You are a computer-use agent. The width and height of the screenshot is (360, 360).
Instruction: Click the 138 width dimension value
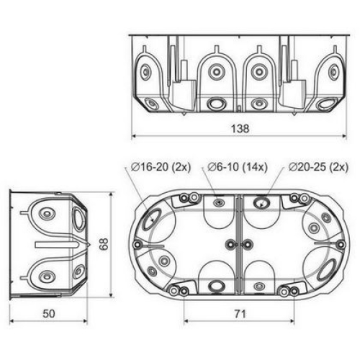(240, 129)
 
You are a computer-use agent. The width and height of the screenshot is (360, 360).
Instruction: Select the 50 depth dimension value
(49, 314)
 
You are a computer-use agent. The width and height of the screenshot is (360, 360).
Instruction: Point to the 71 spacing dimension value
(240, 314)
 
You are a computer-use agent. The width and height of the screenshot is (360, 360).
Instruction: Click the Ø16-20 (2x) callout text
(161, 167)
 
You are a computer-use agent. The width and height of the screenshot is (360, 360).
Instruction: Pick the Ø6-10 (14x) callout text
(238, 167)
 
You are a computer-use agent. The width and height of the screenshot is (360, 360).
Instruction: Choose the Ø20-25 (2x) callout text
(318, 167)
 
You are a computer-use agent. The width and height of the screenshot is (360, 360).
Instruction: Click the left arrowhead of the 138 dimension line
(134, 136)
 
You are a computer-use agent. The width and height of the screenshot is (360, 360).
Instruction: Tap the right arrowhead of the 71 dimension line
(292, 321)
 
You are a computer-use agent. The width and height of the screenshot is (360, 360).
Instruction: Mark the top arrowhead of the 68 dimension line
(111, 194)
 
